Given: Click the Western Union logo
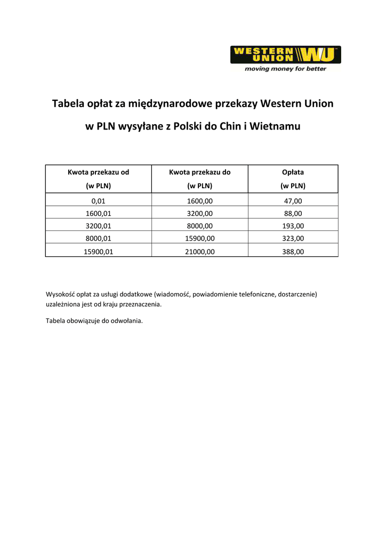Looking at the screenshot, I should point(285,54).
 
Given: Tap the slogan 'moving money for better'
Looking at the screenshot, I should point(285,69).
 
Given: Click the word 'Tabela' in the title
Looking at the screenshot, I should point(68,103).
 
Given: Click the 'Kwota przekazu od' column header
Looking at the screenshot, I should point(98,172).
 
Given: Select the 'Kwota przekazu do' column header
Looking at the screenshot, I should point(200,172).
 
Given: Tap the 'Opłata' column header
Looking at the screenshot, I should point(293,172).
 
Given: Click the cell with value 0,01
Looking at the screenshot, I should point(98,201).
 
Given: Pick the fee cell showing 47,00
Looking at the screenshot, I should point(293,201).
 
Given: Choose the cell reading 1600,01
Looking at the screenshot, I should point(98,213).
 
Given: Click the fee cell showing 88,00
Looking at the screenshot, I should point(293,213).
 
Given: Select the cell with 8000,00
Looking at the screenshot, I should point(200,226).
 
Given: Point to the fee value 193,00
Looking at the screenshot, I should point(293,226).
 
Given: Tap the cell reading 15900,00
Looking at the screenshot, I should point(200,238).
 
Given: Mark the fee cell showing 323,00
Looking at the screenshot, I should point(293,238).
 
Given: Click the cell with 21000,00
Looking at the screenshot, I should point(200,251).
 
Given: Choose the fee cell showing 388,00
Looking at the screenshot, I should point(293,251).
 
